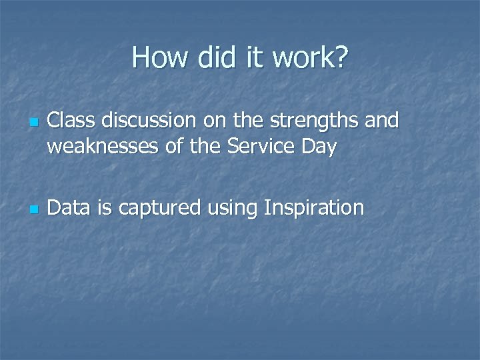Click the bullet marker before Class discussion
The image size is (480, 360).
point(31,123)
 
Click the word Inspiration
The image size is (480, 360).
point(314,209)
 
